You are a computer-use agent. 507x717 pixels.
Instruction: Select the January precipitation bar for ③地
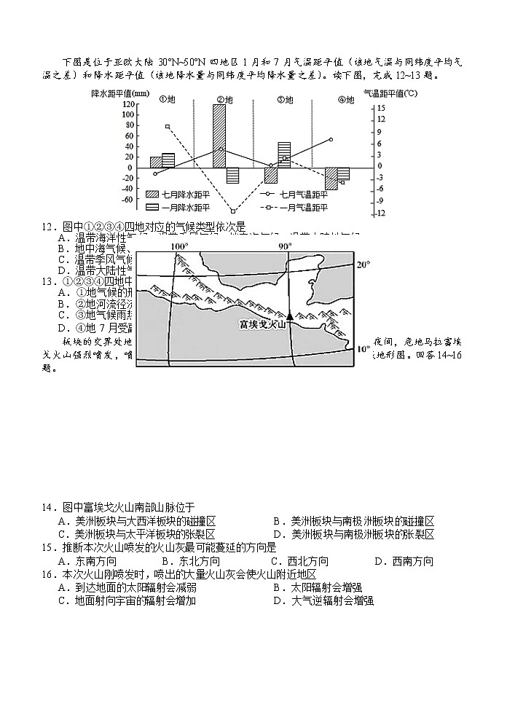point(284,154)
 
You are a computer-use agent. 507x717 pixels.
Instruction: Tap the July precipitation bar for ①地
point(155,162)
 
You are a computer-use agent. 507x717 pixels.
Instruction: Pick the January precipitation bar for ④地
point(343,173)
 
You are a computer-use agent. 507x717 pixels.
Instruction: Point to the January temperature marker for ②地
point(232,211)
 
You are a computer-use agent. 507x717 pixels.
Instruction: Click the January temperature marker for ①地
point(168,126)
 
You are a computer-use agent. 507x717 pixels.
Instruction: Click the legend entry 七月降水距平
point(175,195)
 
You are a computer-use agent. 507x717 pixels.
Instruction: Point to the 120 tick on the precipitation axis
point(128,104)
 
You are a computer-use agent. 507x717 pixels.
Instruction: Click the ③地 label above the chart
point(284,100)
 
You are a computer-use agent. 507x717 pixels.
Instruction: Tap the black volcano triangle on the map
point(289,316)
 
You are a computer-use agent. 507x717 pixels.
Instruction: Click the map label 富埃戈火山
point(261,324)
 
